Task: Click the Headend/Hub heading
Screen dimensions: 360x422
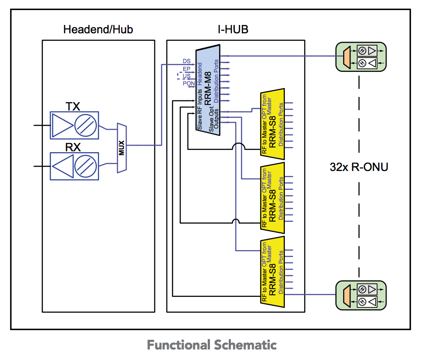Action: [98, 30]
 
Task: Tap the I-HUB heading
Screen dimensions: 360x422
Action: [233, 30]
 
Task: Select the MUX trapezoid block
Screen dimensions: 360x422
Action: [122, 148]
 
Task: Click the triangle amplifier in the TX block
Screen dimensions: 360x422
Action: [62, 125]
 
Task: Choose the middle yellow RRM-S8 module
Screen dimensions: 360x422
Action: [272, 198]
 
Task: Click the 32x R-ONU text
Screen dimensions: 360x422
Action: [359, 167]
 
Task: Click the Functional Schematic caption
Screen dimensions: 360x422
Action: [212, 345]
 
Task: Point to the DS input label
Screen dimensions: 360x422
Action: [186, 61]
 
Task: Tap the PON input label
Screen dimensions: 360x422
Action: [188, 83]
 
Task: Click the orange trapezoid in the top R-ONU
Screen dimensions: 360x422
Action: [346, 57]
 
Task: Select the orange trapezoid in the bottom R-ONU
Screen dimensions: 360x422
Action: [346, 295]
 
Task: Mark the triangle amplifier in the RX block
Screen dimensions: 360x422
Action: [63, 166]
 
